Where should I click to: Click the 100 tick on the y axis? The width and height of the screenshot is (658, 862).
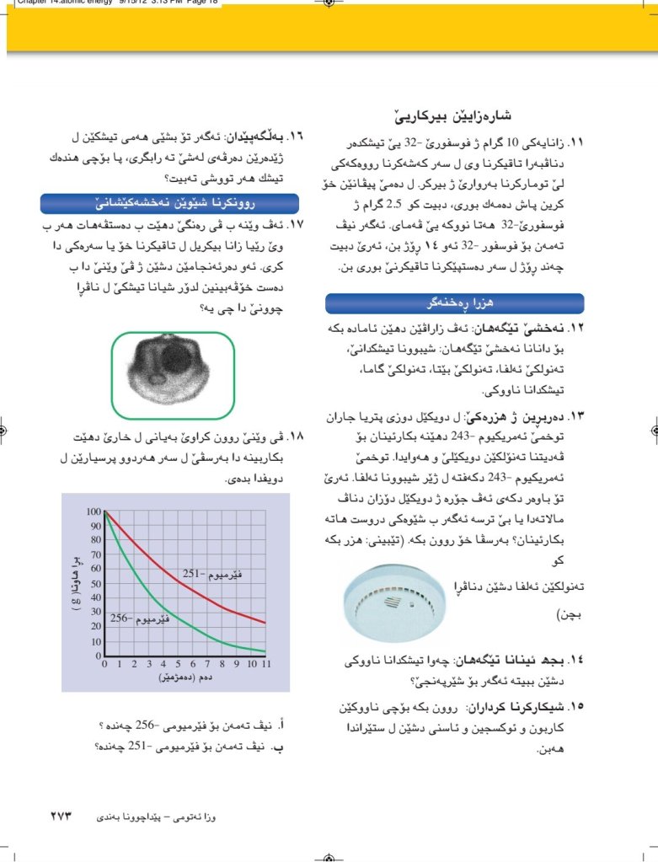point(93,512)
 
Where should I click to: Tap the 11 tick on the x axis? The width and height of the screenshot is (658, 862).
point(266,664)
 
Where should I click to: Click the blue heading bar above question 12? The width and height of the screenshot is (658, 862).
point(454,303)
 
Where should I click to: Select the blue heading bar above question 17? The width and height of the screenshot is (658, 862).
point(170,204)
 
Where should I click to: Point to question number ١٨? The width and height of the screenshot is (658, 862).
point(297,436)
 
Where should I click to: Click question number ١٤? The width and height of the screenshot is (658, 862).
point(576,663)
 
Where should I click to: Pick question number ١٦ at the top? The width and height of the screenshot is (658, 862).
point(297,135)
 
